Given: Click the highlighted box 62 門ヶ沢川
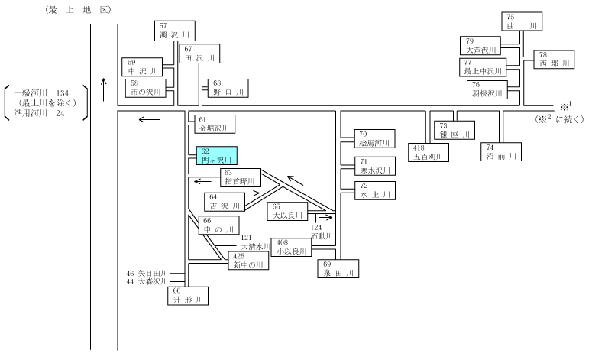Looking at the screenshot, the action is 217,156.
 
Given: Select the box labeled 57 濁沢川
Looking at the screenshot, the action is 175,31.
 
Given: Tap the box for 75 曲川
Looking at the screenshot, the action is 522,21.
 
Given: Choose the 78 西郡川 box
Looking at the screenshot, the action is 554,60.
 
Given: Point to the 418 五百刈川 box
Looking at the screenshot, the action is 429,152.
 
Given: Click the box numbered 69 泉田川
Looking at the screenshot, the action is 338,268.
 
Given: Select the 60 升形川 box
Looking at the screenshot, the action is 188,296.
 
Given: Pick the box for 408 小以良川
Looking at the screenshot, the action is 291,247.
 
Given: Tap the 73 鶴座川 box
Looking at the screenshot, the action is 455,131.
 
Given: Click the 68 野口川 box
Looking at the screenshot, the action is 228,88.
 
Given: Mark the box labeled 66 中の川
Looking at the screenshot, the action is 219,225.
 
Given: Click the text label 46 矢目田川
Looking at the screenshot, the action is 147,273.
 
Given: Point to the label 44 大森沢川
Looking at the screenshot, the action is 147,281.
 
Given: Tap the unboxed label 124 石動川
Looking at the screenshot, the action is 322,232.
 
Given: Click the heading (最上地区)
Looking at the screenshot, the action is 78,10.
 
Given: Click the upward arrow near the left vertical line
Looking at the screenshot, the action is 104,89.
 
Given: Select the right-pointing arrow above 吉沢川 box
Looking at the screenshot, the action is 254,193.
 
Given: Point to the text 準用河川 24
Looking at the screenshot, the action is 39,113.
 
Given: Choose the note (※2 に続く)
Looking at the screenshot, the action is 559,119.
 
